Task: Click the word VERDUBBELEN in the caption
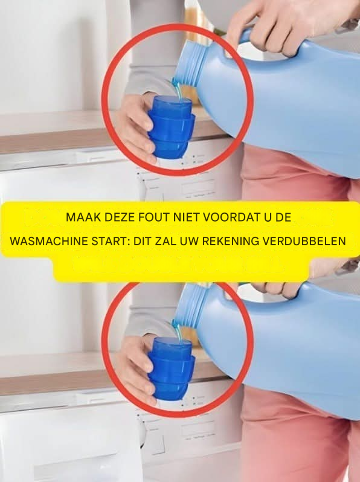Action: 304,241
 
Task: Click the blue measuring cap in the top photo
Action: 171,127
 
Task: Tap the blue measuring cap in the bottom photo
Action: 171,368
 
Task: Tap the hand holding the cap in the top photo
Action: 135,126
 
